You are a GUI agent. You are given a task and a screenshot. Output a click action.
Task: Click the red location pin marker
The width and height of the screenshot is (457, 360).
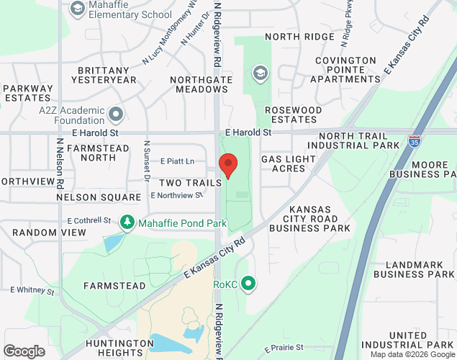tap(229, 165)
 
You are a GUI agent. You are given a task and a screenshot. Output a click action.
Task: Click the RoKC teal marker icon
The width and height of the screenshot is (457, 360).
tap(249, 284)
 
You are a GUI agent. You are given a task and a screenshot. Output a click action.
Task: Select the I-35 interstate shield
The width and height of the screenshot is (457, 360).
tap(415, 142)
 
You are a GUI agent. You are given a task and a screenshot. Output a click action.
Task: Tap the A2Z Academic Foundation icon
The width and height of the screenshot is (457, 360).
tap(116, 114)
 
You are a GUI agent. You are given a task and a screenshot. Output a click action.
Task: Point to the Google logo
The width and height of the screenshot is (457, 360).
tap(24, 351)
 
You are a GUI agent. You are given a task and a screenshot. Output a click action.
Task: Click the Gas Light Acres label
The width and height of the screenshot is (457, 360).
tap(288, 163)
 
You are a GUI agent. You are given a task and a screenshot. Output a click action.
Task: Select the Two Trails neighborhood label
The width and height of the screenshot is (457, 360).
tap(190, 183)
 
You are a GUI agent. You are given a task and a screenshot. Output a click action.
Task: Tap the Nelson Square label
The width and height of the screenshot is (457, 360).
tap(99, 197)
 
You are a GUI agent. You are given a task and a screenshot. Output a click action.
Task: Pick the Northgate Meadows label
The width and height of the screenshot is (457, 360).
tap(199, 84)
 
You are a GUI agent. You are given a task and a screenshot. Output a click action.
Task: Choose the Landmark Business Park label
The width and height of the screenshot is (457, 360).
tap(415, 269)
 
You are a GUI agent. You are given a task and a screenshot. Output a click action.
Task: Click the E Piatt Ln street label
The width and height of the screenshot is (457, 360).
tap(178, 161)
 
